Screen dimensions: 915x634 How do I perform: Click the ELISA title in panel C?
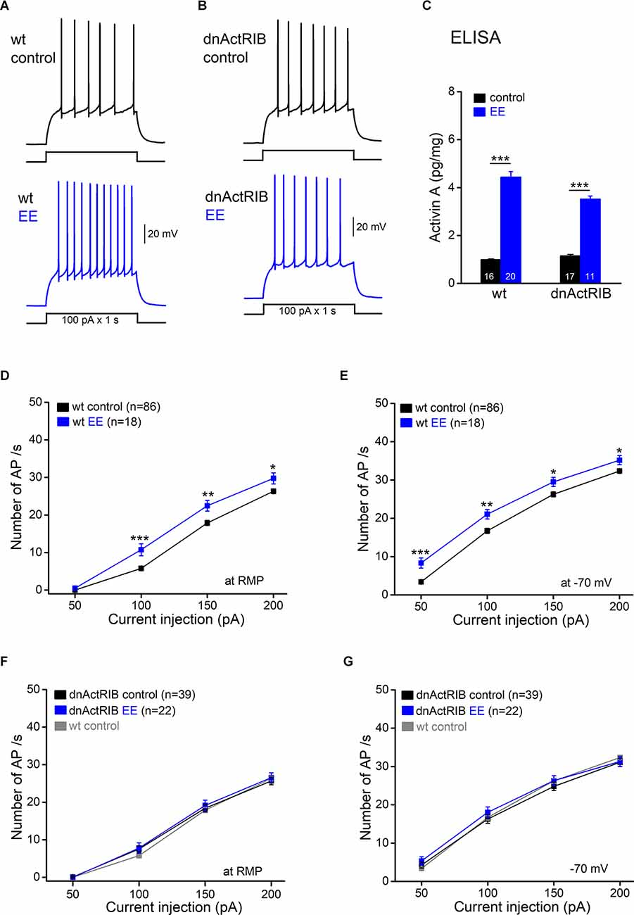(476, 38)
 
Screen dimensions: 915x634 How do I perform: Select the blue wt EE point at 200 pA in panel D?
(273, 479)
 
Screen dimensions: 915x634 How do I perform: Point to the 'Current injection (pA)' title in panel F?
(174, 905)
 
